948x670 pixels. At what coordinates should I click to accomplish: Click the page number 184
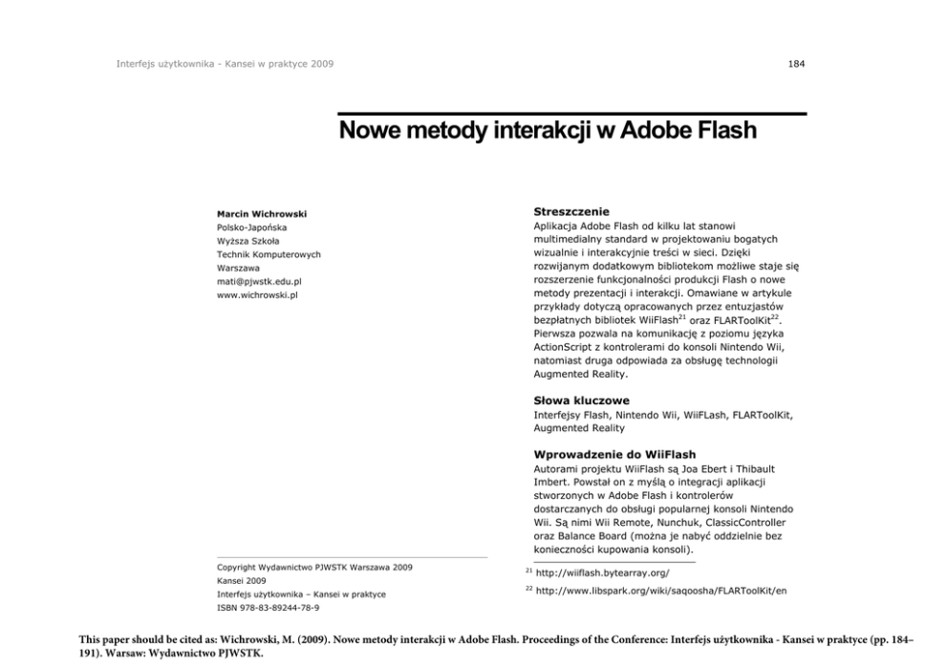click(x=796, y=64)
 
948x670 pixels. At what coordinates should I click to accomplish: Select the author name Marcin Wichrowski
click(x=262, y=214)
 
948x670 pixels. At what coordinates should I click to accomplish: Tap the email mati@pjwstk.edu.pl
click(x=260, y=282)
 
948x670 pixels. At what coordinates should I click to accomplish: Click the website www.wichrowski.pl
click(x=258, y=295)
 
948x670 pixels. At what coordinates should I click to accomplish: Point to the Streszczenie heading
click(x=571, y=211)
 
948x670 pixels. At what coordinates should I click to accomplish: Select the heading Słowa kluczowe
click(x=581, y=400)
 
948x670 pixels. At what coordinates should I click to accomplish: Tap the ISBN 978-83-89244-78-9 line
click(x=269, y=608)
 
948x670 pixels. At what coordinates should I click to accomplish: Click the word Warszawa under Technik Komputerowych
click(x=238, y=269)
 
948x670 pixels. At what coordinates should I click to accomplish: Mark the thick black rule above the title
click(x=573, y=115)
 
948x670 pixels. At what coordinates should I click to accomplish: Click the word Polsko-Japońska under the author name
click(x=251, y=227)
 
